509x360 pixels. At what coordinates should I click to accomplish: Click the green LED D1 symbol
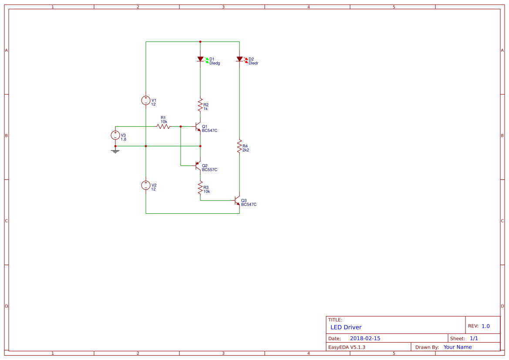click(x=200, y=59)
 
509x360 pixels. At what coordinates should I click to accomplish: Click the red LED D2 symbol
click(x=239, y=59)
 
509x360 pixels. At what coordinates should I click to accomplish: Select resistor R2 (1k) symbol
click(x=200, y=105)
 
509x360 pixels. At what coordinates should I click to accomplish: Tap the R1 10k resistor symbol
click(x=163, y=127)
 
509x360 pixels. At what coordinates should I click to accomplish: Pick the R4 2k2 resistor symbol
click(x=239, y=146)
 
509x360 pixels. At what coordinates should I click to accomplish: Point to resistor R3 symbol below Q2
click(x=200, y=188)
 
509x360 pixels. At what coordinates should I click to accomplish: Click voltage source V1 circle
click(x=146, y=101)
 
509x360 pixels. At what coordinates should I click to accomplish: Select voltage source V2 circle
click(x=146, y=185)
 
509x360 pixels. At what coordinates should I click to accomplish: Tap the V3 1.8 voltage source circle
click(x=115, y=135)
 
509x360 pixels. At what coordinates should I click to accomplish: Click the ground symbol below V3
click(x=115, y=151)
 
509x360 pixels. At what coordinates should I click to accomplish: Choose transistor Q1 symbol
click(x=198, y=127)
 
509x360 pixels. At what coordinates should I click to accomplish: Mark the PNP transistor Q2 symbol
click(x=198, y=166)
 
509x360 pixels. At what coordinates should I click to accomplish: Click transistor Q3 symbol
click(x=237, y=201)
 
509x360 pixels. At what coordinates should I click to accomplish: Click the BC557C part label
click(x=209, y=170)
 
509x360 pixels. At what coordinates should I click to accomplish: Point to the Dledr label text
click(x=253, y=63)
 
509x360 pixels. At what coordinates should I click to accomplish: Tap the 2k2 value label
click(x=246, y=150)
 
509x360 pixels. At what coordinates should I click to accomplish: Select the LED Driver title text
click(x=346, y=327)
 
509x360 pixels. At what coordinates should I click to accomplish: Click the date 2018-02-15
click(x=365, y=338)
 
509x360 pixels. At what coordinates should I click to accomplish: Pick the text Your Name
click(x=457, y=347)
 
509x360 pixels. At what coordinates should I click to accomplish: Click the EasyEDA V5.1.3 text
click(x=347, y=347)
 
